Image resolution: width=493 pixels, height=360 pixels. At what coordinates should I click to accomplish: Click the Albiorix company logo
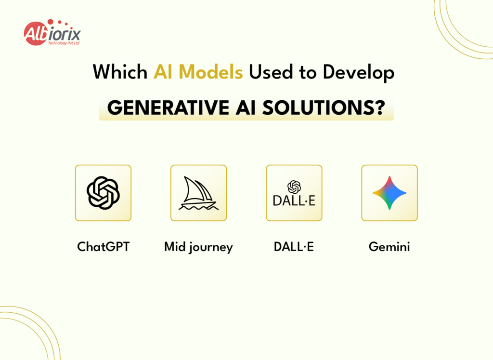click(x=52, y=33)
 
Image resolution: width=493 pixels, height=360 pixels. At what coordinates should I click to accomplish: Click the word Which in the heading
click(x=120, y=72)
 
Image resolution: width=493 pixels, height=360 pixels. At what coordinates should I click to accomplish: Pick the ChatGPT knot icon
click(x=103, y=193)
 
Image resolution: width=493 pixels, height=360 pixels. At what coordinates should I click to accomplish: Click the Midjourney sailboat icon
click(x=198, y=191)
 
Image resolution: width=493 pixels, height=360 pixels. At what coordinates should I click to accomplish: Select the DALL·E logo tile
click(x=294, y=193)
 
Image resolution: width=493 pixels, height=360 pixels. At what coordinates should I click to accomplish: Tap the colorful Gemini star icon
click(x=389, y=193)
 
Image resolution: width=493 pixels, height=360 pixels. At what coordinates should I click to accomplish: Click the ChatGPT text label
click(x=103, y=247)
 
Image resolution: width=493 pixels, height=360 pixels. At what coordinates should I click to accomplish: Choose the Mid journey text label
click(x=198, y=247)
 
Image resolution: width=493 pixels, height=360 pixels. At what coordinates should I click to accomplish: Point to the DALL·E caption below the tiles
click(x=294, y=247)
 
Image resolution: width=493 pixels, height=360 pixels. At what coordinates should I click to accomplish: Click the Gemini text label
click(x=389, y=247)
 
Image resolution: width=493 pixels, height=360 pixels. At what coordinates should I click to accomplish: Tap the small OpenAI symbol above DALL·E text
click(x=294, y=186)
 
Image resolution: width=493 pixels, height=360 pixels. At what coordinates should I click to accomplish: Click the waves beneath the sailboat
click(x=198, y=207)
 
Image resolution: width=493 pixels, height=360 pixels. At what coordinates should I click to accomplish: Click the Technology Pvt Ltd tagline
click(x=63, y=43)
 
